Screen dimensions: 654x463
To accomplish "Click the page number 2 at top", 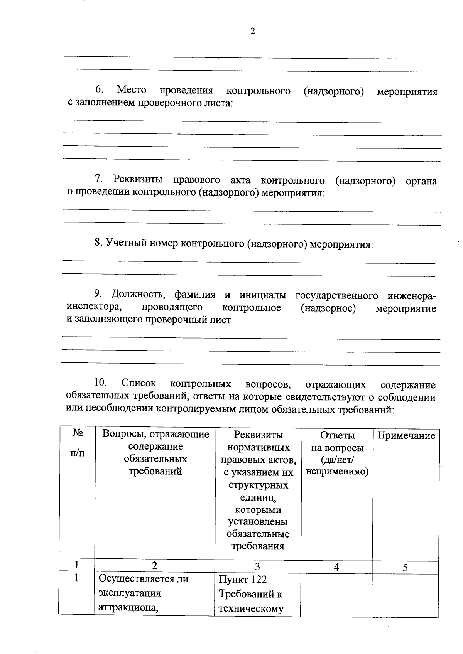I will coord(253,32).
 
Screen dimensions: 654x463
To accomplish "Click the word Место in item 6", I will coord(132,90).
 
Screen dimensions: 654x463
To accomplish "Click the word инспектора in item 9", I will coord(92,307).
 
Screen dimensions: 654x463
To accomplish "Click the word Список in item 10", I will coord(139,383).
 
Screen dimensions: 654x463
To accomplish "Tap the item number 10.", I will coord(100,383).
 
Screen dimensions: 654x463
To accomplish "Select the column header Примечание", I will coord(406,436).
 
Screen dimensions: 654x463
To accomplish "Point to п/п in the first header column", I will coord(77,452).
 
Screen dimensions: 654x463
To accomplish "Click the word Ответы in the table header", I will coord(337,435).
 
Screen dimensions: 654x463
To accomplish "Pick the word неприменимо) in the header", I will coord(337,472).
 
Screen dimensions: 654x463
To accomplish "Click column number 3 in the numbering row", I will coord(257,566).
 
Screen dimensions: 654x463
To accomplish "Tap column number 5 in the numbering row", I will coord(405,567).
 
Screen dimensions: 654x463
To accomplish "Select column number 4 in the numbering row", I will coord(336,567).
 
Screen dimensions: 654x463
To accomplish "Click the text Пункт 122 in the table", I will coord(243,580).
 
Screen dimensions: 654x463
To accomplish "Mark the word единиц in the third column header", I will coord(257,497).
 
